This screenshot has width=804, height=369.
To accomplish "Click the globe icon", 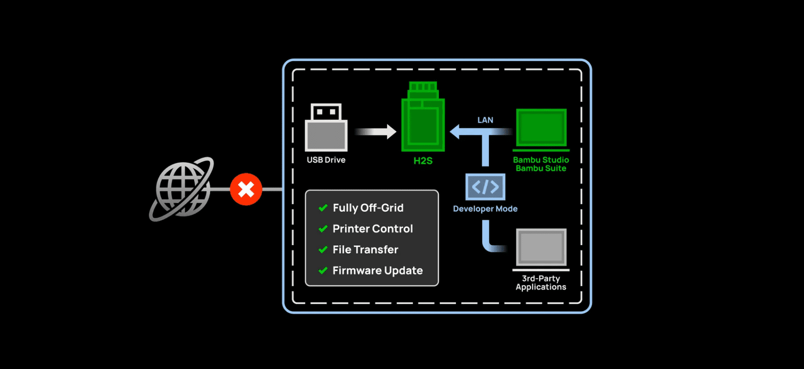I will click(x=182, y=189).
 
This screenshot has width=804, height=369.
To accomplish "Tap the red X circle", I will click(x=246, y=189).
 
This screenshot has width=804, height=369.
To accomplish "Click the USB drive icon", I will click(x=326, y=128).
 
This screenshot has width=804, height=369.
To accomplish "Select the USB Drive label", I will click(x=326, y=160).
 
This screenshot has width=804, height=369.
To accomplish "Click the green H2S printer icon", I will click(x=423, y=118).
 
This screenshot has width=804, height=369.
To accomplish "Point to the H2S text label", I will click(x=423, y=161).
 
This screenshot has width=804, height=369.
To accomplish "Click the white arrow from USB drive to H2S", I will click(x=376, y=132).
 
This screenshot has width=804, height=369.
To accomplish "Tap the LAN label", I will click(x=485, y=120).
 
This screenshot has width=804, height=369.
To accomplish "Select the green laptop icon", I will click(x=541, y=128).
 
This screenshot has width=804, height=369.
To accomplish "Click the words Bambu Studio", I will click(x=541, y=160).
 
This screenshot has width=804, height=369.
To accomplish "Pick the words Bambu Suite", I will click(x=541, y=168).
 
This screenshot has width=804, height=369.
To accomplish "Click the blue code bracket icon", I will click(x=485, y=187).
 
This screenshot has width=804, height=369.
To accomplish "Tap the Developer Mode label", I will click(x=485, y=209).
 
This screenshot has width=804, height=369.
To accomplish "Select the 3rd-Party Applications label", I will click(x=541, y=283).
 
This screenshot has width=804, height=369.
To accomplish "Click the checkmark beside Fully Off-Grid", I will click(x=323, y=208).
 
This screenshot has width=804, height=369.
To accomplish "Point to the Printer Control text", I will click(x=372, y=229).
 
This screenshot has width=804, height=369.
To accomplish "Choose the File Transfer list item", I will click(x=365, y=250).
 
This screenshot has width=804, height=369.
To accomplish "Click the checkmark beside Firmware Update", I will click(x=323, y=270).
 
